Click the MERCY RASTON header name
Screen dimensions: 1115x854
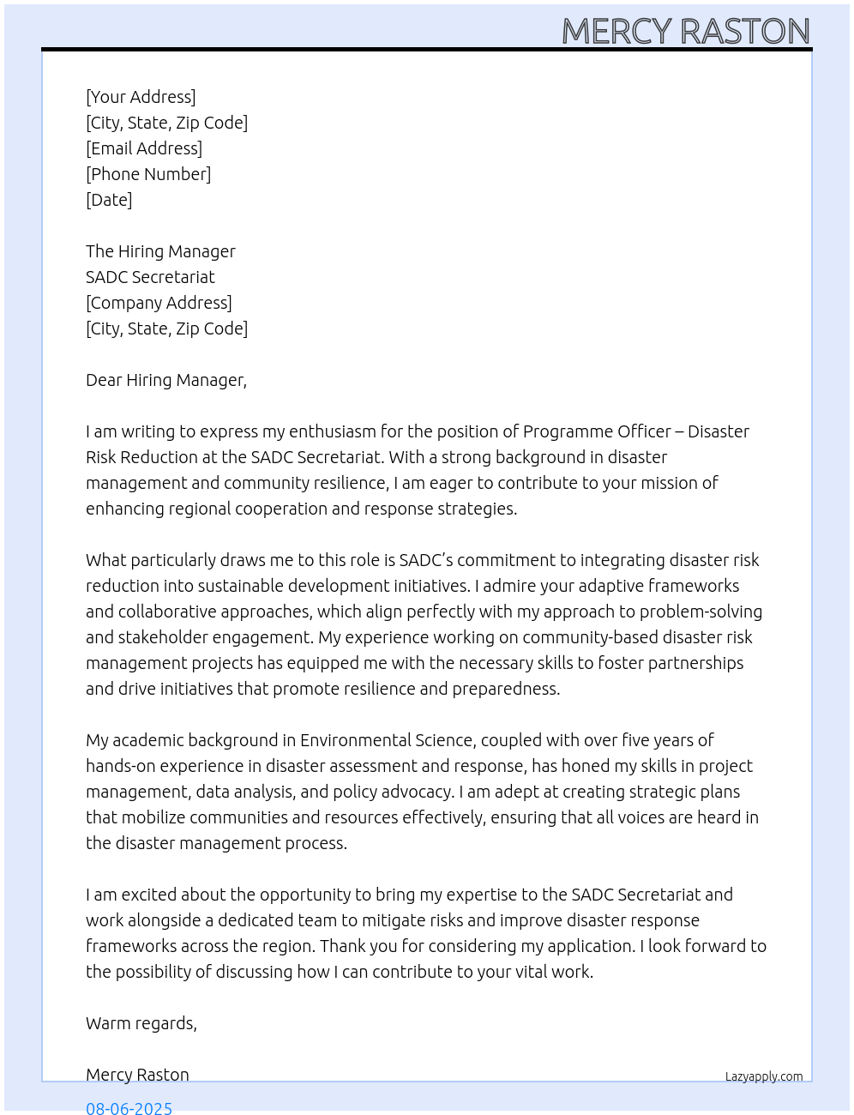[x=685, y=32]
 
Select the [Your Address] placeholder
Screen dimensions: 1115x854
[x=141, y=97]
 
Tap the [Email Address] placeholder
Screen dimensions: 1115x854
[x=144, y=148]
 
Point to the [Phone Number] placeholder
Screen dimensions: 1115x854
[x=148, y=174]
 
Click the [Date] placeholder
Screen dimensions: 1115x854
[x=109, y=200]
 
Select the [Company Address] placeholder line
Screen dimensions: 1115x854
[x=159, y=303]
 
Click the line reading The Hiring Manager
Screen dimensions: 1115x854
[x=160, y=251]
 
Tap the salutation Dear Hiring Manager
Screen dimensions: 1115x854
[x=165, y=380]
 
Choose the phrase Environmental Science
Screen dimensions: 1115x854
[x=387, y=740]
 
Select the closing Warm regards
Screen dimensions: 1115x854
[x=141, y=1023]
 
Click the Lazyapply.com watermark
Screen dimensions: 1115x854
[x=764, y=1076]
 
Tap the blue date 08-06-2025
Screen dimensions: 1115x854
[x=129, y=1107]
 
